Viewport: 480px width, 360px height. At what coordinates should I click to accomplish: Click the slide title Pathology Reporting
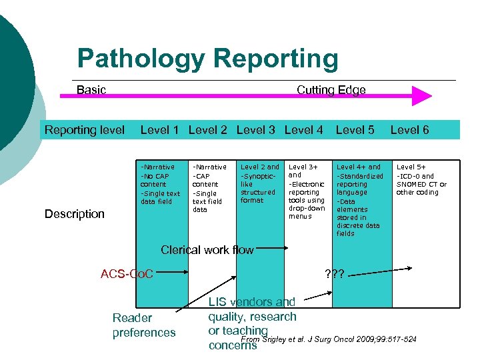[x=207, y=59]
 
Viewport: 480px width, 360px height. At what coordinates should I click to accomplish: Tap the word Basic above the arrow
[x=91, y=89]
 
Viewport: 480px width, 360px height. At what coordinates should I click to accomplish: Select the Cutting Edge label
[x=331, y=89]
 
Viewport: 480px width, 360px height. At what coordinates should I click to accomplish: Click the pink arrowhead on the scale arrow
[x=421, y=96]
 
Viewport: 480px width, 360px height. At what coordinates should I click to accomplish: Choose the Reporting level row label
[x=85, y=129]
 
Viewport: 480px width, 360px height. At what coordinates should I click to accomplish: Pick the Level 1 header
[x=159, y=129]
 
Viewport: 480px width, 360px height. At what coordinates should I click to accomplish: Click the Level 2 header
[x=207, y=129]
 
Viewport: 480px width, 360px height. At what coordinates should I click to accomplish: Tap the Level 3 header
[x=255, y=129]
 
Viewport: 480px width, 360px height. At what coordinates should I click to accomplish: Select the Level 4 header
[x=303, y=129]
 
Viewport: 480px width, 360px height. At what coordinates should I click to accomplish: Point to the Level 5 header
[x=355, y=129]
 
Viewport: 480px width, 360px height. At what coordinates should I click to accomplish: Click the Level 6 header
[x=409, y=129]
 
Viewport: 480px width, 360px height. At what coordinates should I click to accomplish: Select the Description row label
[x=75, y=214]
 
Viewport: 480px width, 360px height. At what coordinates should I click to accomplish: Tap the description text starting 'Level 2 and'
[x=259, y=183]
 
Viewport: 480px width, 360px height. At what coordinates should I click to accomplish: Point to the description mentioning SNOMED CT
[x=421, y=180]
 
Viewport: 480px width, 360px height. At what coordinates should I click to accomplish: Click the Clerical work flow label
[x=207, y=250]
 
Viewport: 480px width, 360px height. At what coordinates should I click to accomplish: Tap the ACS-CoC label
[x=127, y=273]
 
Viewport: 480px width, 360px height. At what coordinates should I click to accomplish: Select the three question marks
[x=333, y=273]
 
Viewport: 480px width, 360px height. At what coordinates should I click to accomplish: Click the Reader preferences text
[x=144, y=325]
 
